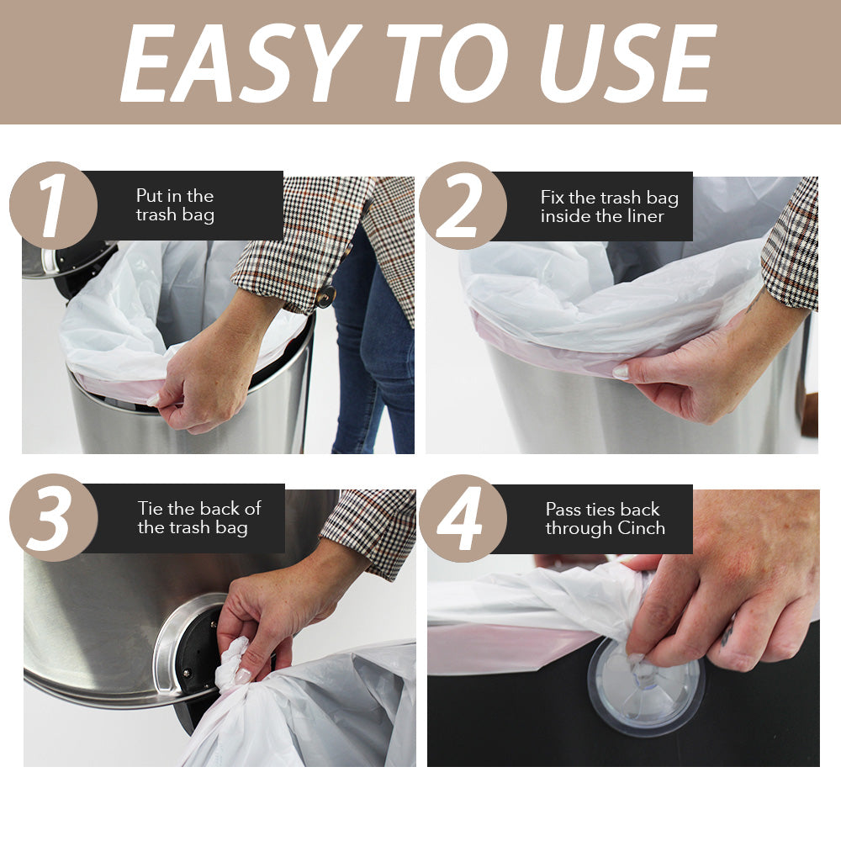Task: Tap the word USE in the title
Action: click(x=627, y=63)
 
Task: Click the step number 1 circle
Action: click(x=52, y=205)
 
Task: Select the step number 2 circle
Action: click(x=462, y=205)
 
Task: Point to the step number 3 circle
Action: click(x=52, y=517)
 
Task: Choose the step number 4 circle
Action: click(x=462, y=517)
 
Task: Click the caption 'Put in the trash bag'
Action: click(x=175, y=205)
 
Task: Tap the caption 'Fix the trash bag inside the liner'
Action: click(x=609, y=207)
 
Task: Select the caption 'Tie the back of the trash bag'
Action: click(x=199, y=518)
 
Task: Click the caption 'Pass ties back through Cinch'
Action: click(x=604, y=519)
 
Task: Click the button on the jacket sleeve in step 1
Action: click(x=325, y=295)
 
